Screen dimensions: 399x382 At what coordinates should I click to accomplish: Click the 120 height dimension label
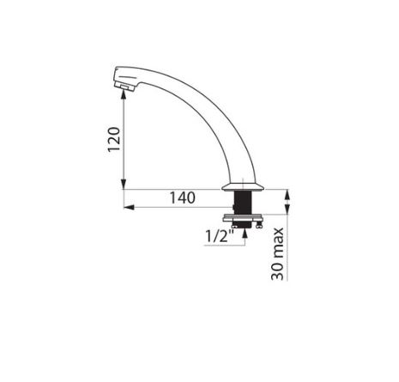114,139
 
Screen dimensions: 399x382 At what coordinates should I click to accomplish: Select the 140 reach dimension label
183,197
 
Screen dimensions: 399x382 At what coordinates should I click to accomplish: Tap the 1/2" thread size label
220,236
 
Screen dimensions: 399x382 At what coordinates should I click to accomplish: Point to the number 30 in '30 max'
277,270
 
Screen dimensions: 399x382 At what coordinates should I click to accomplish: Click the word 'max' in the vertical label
277,243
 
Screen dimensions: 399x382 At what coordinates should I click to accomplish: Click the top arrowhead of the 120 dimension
124,94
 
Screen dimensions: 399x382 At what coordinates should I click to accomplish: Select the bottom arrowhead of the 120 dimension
124,185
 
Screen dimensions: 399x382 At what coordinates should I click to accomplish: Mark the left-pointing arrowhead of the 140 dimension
129,207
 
